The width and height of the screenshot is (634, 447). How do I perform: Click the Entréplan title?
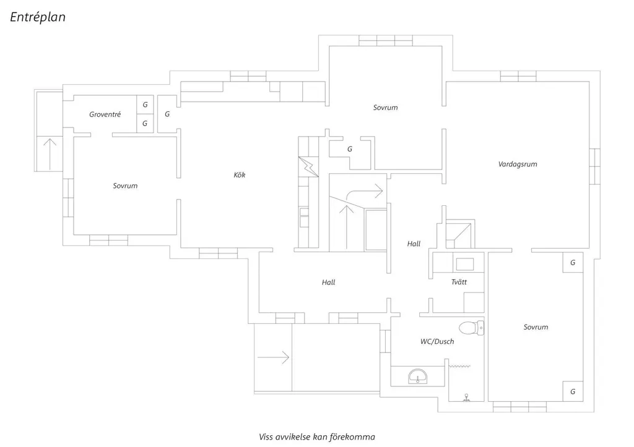(x=38, y=17)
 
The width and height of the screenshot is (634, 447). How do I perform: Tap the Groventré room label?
(x=105, y=114)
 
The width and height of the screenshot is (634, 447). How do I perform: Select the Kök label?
(x=240, y=175)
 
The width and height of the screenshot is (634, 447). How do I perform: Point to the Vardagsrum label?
(x=518, y=164)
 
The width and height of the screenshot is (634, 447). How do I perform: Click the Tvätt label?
(x=459, y=282)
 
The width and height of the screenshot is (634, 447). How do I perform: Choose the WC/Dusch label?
(x=437, y=341)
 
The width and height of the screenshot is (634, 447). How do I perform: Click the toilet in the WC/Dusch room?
(x=471, y=328)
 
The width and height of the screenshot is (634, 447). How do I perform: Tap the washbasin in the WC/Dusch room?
(x=418, y=377)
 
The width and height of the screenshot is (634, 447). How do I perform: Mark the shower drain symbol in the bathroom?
(x=466, y=398)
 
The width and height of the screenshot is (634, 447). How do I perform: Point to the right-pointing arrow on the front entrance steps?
(x=273, y=357)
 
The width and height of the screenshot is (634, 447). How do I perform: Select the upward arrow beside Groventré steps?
(x=50, y=154)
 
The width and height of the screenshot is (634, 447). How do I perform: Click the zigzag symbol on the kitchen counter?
(x=308, y=166)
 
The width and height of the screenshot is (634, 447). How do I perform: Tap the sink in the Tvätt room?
(x=465, y=264)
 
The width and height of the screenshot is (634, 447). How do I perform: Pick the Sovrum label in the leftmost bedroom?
(x=125, y=185)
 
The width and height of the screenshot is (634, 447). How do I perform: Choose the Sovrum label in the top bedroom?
(x=385, y=108)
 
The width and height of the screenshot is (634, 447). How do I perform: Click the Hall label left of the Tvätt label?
(x=414, y=244)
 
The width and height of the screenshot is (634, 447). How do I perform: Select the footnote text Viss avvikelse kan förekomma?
(x=317, y=436)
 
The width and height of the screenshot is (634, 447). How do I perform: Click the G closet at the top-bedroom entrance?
(x=350, y=149)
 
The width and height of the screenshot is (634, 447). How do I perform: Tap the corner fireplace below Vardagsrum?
(x=460, y=234)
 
